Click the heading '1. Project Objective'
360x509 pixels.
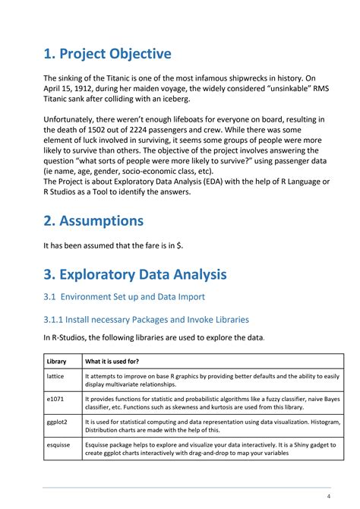click(107, 54)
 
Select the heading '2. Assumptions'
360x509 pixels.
click(93, 221)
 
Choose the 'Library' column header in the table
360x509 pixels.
click(57, 361)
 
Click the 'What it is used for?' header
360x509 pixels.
click(112, 361)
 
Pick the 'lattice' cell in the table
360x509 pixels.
click(55, 376)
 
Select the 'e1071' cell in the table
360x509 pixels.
click(55, 397)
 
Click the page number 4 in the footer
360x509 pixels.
click(328, 496)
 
